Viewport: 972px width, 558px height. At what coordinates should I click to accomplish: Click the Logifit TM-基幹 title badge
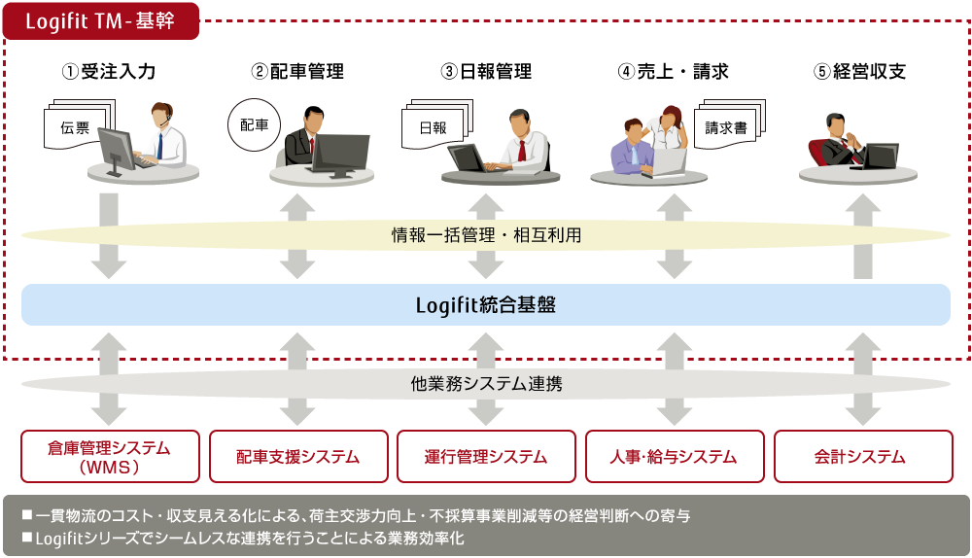[100, 21]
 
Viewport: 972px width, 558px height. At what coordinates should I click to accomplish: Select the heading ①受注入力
[109, 71]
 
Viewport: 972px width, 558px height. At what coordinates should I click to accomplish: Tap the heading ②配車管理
[297, 71]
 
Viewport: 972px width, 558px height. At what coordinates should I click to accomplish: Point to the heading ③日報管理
[486, 71]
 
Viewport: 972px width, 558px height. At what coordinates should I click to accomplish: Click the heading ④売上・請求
[674, 71]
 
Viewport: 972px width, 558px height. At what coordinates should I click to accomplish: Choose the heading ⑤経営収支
[860, 71]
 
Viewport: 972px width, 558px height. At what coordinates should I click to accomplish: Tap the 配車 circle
[254, 124]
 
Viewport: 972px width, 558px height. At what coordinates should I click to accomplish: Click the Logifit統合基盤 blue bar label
[486, 305]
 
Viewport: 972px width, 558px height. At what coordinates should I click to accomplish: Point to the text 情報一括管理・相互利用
[486, 235]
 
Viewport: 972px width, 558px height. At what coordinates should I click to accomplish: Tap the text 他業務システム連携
[486, 384]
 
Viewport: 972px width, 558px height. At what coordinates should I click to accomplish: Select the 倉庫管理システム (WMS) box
[111, 456]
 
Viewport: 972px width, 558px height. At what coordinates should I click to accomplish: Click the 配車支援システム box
[298, 456]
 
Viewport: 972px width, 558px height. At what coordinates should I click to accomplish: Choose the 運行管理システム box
[487, 456]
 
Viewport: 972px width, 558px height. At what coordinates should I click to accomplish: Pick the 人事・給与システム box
[676, 456]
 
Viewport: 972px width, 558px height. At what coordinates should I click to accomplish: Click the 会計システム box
[863, 456]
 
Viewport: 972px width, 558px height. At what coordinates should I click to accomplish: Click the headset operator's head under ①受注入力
[162, 116]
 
